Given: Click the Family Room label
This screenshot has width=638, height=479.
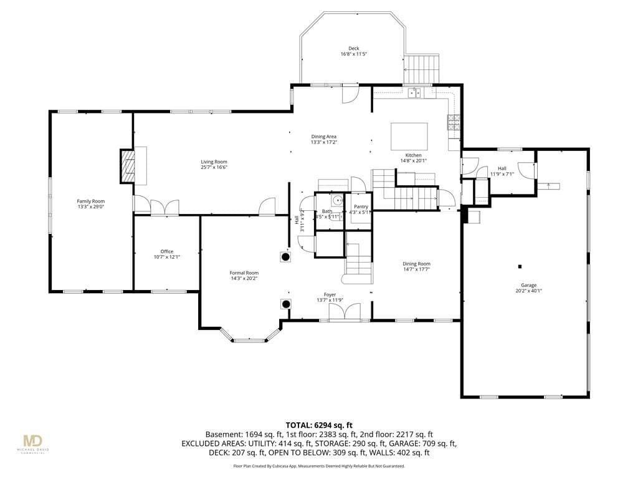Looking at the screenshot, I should click(90, 201).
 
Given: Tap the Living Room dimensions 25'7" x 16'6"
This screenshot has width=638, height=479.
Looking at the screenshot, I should click(214, 168).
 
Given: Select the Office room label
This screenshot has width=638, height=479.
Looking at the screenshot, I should click(166, 251).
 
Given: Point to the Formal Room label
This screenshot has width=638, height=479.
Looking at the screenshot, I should click(244, 273).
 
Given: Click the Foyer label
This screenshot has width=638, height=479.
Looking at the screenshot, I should click(330, 294).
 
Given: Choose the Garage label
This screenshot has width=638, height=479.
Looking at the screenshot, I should click(528, 285).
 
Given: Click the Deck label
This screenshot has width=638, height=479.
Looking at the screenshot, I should click(353, 49).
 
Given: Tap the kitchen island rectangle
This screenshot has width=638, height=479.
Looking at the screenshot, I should click(409, 134).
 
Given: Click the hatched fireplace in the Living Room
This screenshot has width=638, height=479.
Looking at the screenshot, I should click(127, 166).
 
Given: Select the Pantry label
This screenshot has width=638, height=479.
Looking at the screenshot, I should click(361, 206).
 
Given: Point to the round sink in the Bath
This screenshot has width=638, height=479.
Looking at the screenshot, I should click(336, 201).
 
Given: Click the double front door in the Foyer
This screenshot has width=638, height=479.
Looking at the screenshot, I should click(345, 312).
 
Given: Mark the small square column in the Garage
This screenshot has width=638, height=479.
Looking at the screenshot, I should click(520, 266).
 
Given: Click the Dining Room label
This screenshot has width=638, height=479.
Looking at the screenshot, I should click(416, 264).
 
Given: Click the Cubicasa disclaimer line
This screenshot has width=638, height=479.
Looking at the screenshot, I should click(319, 466).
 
